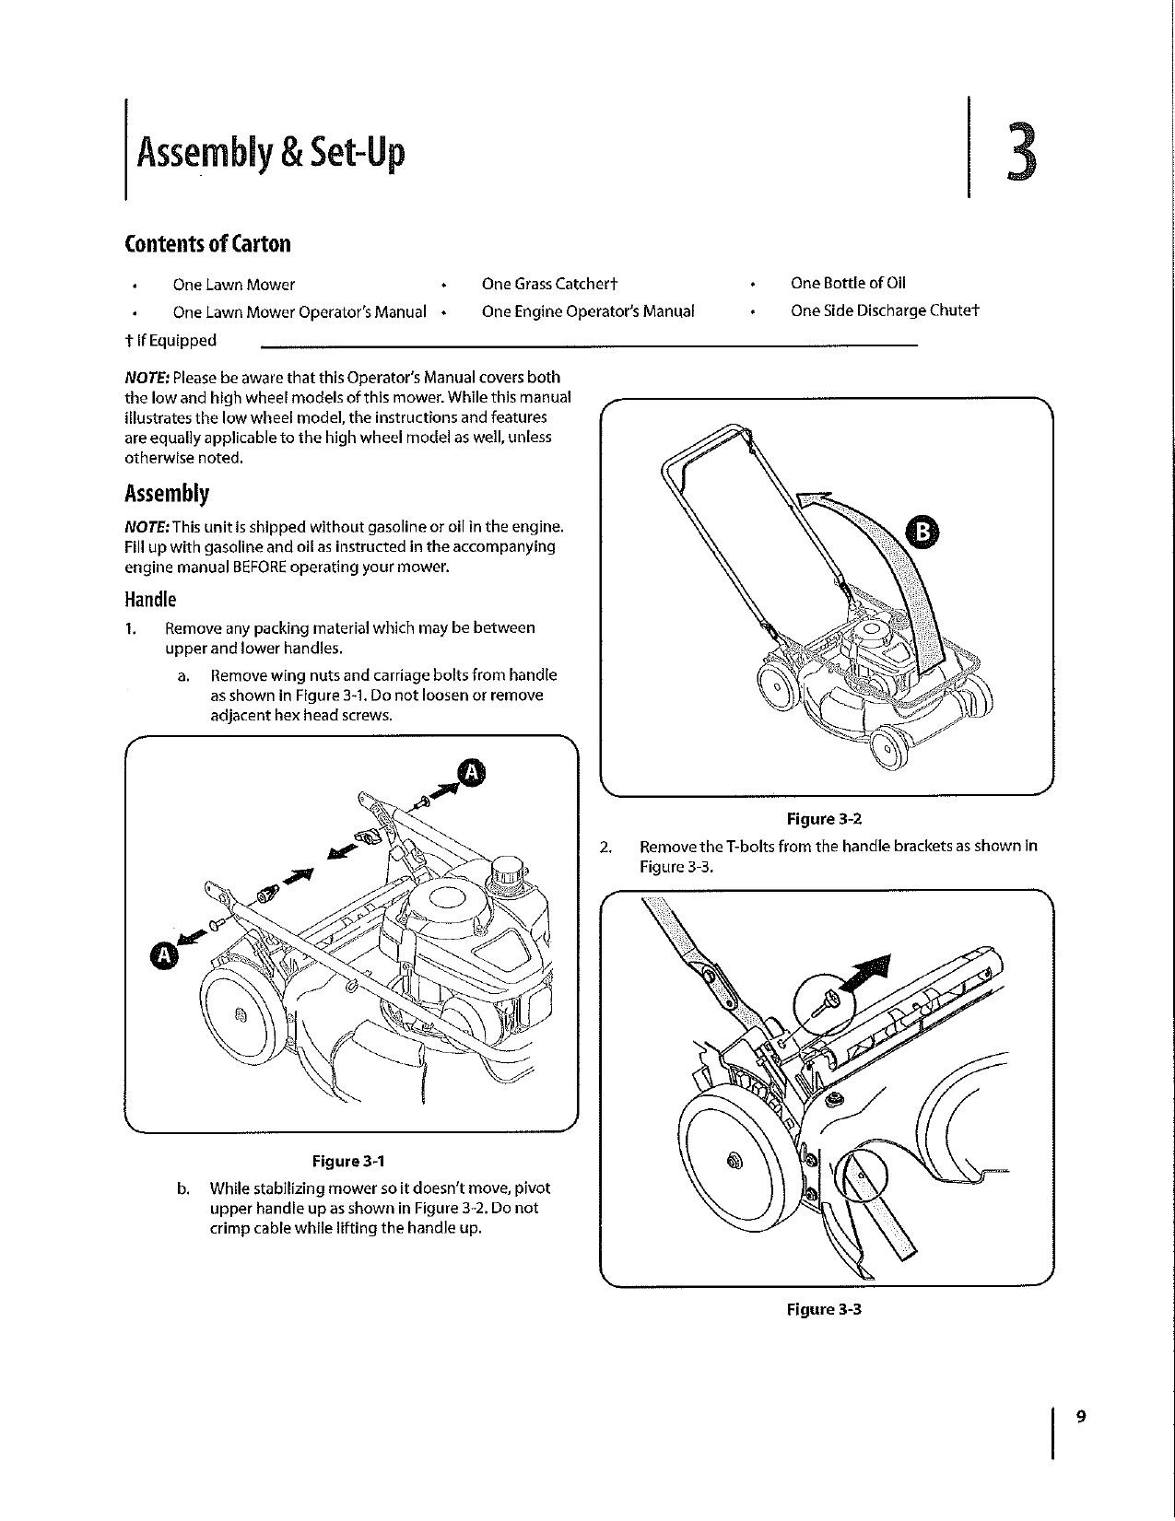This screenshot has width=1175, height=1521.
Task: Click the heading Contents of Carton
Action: [x=207, y=244]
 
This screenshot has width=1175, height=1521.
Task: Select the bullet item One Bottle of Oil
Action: [x=847, y=283]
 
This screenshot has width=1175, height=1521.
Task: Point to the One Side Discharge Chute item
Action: [x=884, y=310]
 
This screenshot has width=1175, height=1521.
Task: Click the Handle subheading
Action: [x=149, y=600]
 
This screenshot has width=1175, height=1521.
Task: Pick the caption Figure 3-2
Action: [x=824, y=819]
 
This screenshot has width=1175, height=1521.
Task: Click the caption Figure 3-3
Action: [x=824, y=1309]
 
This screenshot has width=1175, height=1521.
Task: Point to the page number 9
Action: [x=1081, y=1417]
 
